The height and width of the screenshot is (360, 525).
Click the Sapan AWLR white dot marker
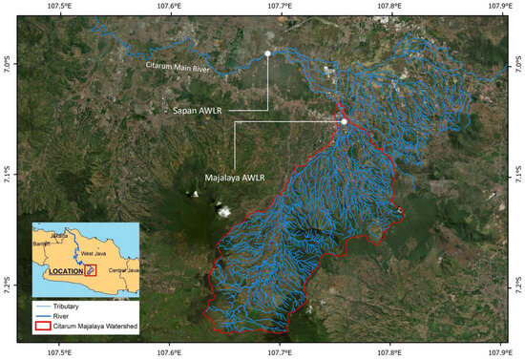(x=268, y=53)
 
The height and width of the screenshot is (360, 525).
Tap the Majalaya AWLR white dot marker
(x=344, y=121)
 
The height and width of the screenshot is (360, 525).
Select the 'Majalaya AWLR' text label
(x=234, y=178)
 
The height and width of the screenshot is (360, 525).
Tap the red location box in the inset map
(x=91, y=270)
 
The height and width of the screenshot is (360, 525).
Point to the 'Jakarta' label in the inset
(x=59, y=233)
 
